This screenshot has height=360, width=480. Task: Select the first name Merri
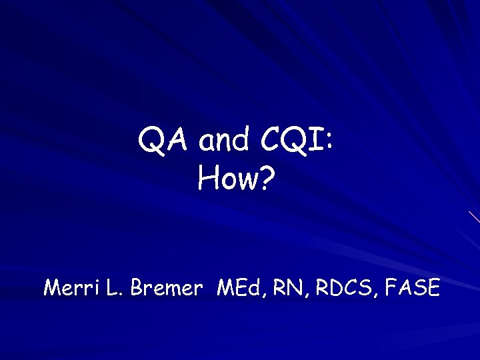[68, 288]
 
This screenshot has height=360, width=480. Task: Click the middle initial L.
[111, 288]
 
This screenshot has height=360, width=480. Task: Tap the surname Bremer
[166, 288]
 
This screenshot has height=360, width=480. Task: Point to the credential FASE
[413, 288]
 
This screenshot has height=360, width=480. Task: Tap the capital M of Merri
[51, 288]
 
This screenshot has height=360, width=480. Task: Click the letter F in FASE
[391, 288]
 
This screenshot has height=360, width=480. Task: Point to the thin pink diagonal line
[474, 217]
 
